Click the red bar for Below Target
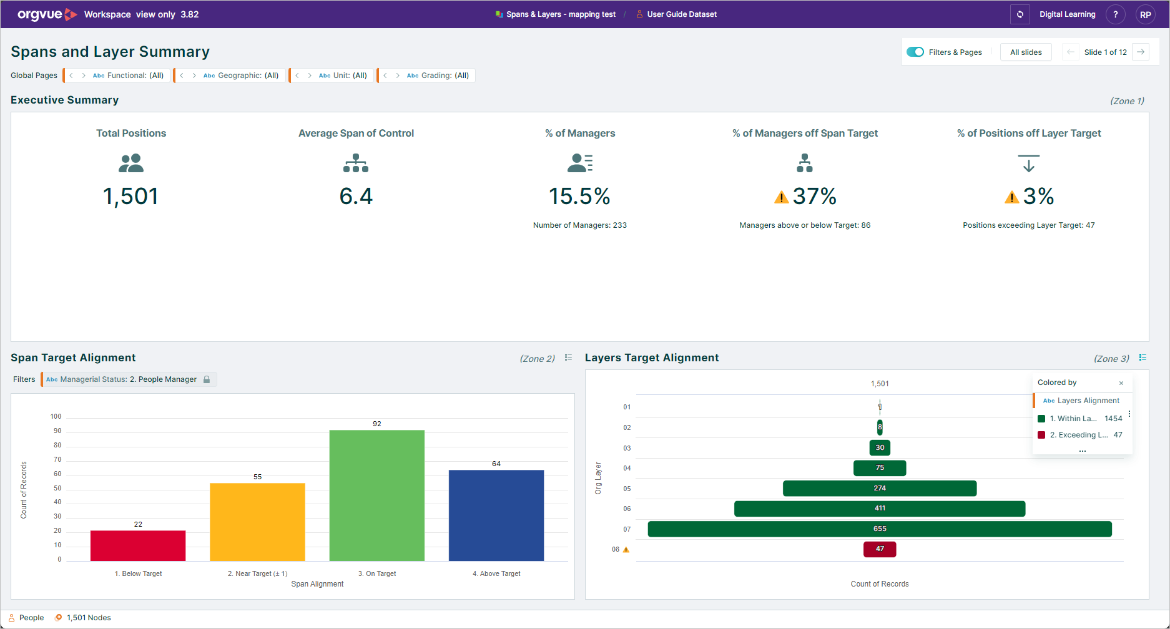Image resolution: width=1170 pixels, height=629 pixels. tap(138, 545)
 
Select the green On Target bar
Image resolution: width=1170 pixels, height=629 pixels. tap(377, 495)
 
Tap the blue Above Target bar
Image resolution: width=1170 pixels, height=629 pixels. tap(496, 515)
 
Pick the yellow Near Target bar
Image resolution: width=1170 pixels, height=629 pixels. tap(257, 522)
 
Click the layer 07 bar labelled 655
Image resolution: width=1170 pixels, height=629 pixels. tap(880, 529)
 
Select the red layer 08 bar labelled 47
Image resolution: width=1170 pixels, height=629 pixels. tap(880, 549)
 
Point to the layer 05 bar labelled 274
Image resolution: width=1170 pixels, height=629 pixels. tap(880, 489)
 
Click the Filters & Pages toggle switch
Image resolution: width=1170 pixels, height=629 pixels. tap(915, 52)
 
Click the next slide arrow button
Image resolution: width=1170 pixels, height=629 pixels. tap(1141, 52)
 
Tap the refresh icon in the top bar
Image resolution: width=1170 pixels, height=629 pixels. tap(1020, 14)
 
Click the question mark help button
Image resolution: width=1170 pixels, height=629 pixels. tap(1116, 14)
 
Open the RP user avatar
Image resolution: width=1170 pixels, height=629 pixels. tap(1146, 14)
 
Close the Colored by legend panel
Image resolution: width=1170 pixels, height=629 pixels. tap(1121, 383)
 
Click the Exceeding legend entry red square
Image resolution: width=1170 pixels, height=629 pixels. tap(1041, 435)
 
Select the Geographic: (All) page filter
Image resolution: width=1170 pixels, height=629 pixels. tap(241, 76)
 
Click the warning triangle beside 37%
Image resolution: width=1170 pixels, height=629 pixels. tap(781, 197)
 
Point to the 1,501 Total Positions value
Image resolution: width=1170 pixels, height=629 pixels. tap(130, 197)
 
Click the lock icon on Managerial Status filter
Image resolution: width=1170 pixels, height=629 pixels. tap(207, 379)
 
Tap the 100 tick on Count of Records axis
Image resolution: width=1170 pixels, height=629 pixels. tap(56, 416)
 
